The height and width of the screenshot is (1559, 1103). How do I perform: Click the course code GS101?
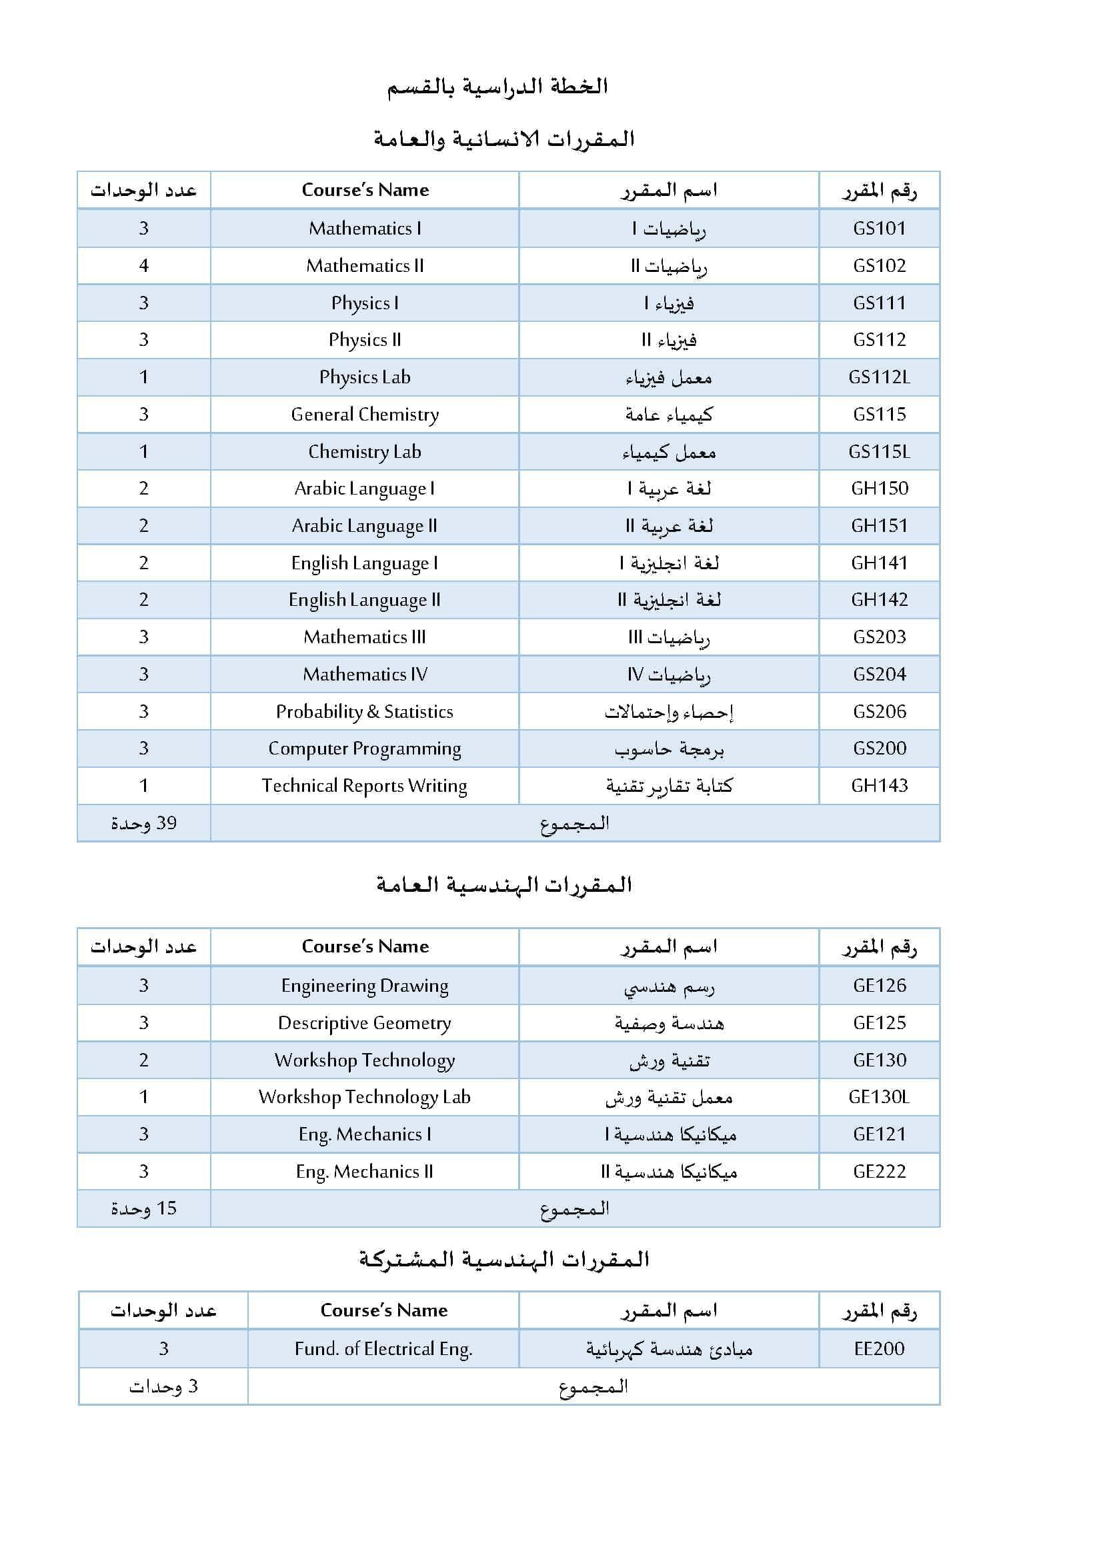[879, 228]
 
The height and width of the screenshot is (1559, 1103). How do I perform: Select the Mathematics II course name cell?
[365, 265]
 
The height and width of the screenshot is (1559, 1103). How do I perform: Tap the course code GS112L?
[879, 377]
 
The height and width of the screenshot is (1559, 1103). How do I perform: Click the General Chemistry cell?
[365, 414]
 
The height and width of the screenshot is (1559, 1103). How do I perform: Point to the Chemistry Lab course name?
[365, 451]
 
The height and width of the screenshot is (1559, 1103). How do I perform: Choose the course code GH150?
[879, 488]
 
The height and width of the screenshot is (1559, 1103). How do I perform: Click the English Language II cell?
[365, 600]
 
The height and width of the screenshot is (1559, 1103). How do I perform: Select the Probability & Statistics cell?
[365, 712]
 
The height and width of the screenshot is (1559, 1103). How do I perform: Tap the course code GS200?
[879, 749]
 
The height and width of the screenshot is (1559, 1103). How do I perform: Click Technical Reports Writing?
[365, 786]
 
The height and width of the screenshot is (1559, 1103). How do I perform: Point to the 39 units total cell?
[144, 823]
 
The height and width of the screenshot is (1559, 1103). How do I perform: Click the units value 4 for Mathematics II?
[144, 265]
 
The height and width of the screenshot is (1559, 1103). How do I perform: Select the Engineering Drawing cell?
[365, 985]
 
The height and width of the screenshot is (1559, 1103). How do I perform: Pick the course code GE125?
[879, 1022]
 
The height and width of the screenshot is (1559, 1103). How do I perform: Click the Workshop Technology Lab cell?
[365, 1096]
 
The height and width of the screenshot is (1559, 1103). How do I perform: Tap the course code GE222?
[879, 1171]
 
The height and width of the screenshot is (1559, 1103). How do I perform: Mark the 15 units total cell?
[144, 1208]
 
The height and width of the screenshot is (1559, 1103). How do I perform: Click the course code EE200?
[879, 1348]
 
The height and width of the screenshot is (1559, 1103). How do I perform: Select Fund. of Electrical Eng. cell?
[383, 1348]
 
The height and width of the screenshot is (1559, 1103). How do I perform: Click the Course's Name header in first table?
[365, 190]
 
